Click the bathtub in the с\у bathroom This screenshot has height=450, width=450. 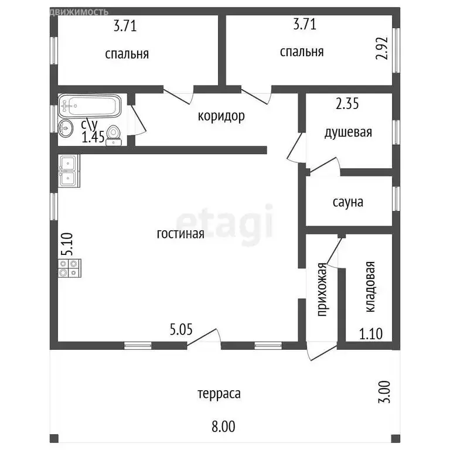(90, 106)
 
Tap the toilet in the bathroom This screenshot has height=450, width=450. (114, 136)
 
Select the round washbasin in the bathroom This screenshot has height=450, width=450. (66, 128)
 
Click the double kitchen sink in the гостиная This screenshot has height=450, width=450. (69, 171)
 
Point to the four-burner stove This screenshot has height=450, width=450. (70, 268)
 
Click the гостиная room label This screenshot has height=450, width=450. (180, 234)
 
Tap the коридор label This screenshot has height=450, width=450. (221, 117)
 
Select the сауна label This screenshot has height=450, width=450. (348, 202)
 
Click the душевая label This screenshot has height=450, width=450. (348, 132)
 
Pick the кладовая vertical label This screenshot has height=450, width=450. (370, 287)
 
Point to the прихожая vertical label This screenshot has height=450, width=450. (322, 289)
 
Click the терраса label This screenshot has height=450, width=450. (219, 394)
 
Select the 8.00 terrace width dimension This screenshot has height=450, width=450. (223, 426)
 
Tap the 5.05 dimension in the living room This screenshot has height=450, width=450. (181, 329)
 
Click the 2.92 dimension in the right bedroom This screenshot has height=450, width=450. (382, 48)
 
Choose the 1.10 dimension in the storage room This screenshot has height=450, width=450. (371, 334)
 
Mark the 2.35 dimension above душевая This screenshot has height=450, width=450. (347, 104)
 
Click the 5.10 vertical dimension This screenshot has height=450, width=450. (68, 244)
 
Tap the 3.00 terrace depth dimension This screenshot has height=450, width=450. (384, 392)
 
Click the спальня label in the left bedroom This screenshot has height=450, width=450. (127, 54)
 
